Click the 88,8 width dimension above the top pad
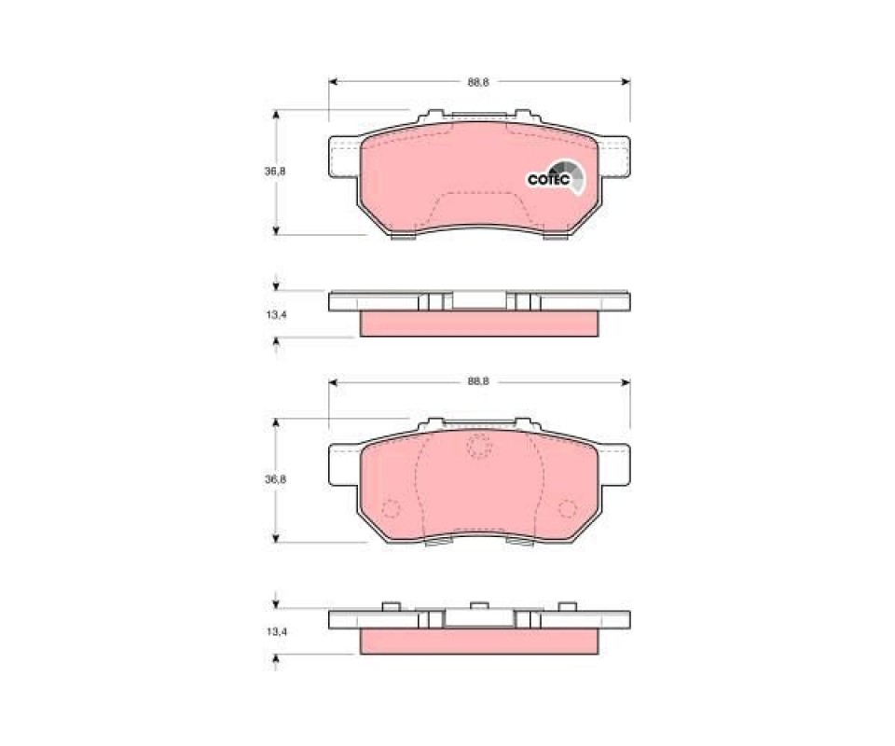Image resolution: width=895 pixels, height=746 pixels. [x=478, y=82]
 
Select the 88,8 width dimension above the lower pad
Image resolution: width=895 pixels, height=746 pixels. [x=478, y=381]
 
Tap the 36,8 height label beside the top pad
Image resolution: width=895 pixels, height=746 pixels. [x=275, y=172]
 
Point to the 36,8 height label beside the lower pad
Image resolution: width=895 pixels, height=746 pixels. [x=275, y=479]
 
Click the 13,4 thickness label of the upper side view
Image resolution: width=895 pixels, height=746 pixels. [x=276, y=314]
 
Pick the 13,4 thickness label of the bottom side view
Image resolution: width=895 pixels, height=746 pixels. [x=276, y=632]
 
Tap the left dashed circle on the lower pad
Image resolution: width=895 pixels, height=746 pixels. [x=392, y=508]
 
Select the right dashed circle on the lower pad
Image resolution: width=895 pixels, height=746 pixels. [x=568, y=508]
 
